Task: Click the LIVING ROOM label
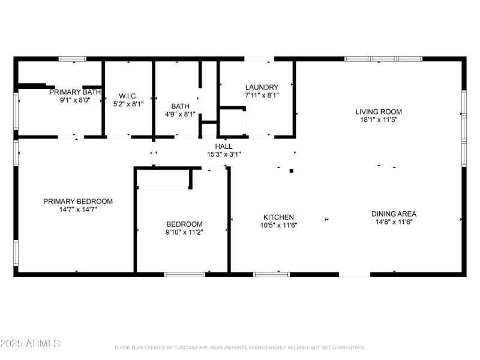[x=379, y=112]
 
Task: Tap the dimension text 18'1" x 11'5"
[x=379, y=119]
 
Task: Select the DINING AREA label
[x=394, y=214]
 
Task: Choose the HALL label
[x=224, y=146]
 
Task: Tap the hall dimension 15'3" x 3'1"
[x=224, y=154]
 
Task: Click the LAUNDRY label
[x=262, y=87]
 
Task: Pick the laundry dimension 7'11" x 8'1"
[x=262, y=95]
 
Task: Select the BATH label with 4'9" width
[x=180, y=106]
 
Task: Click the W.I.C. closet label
[x=129, y=96]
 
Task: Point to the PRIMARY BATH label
[x=75, y=92]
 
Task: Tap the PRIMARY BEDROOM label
[x=78, y=202]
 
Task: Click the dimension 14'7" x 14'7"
[x=78, y=209]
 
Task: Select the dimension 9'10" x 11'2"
[x=184, y=232]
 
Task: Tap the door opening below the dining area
[x=355, y=274]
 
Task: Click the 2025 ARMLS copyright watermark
[x=30, y=344]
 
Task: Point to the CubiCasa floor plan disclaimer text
[x=239, y=347]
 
